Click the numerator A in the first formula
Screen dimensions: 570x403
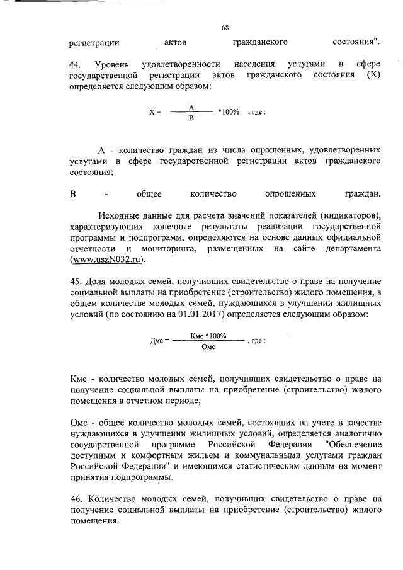click(191, 108)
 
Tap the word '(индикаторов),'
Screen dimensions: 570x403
click(349, 216)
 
